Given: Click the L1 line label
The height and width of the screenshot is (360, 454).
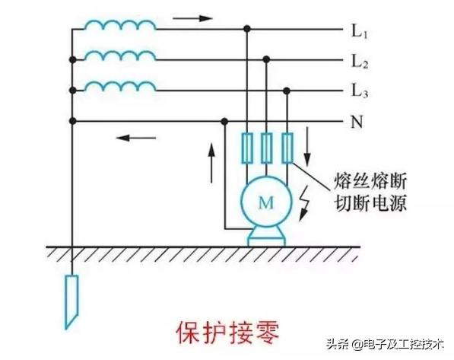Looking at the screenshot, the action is (x=359, y=30).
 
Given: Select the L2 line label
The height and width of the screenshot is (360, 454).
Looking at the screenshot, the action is (x=360, y=62).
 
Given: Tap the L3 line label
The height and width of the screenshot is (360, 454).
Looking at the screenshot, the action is (x=360, y=91).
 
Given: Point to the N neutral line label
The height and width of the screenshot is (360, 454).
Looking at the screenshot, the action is (x=357, y=122).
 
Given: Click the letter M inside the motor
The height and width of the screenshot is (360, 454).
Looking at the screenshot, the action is (x=266, y=202).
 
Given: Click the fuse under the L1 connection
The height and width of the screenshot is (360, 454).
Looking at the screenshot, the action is (x=247, y=148).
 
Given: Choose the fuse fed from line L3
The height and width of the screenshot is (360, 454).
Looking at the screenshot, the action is (x=287, y=148).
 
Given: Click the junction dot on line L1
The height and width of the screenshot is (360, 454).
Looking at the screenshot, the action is (x=247, y=28).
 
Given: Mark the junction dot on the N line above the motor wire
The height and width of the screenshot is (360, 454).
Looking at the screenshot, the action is (x=224, y=121).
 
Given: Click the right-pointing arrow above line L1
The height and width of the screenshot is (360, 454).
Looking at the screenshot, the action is (x=192, y=18).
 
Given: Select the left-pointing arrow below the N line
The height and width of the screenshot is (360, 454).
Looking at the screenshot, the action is (x=136, y=138).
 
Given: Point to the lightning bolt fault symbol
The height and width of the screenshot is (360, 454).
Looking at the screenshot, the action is (x=304, y=203).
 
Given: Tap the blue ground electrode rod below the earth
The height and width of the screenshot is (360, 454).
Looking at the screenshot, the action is (x=71, y=301).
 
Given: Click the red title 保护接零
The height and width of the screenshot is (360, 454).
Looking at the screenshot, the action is (x=228, y=333).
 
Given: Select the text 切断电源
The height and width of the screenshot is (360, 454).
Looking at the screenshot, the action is (x=370, y=202).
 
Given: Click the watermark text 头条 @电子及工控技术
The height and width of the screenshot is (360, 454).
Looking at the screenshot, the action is (x=385, y=344).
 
